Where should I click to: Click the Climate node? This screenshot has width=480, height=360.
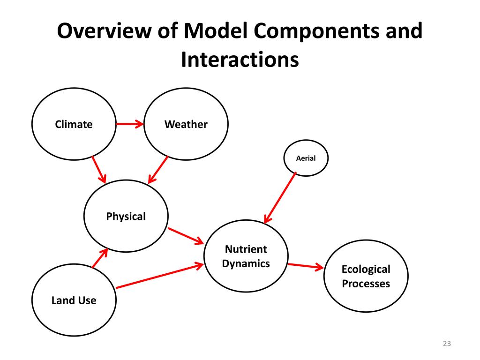(74, 124)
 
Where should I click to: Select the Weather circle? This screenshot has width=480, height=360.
(186, 124)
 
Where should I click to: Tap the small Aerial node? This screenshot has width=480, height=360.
(306, 158)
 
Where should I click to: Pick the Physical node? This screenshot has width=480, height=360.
(126, 216)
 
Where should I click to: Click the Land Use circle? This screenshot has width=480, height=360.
(74, 300)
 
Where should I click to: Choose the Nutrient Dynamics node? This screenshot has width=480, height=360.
(246, 256)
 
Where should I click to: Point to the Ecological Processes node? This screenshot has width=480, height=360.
(366, 276)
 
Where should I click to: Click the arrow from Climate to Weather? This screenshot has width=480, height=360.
(129, 124)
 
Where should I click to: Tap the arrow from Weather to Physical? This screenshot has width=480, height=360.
(158, 169)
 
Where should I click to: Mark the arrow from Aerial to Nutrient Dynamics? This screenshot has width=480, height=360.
(280, 197)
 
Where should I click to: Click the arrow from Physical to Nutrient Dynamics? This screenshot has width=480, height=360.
(185, 236)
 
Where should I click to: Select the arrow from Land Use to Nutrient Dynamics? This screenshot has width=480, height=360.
(159, 276)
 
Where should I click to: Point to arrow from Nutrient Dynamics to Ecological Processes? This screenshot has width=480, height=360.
(306, 266)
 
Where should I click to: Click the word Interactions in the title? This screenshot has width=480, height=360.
(240, 60)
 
